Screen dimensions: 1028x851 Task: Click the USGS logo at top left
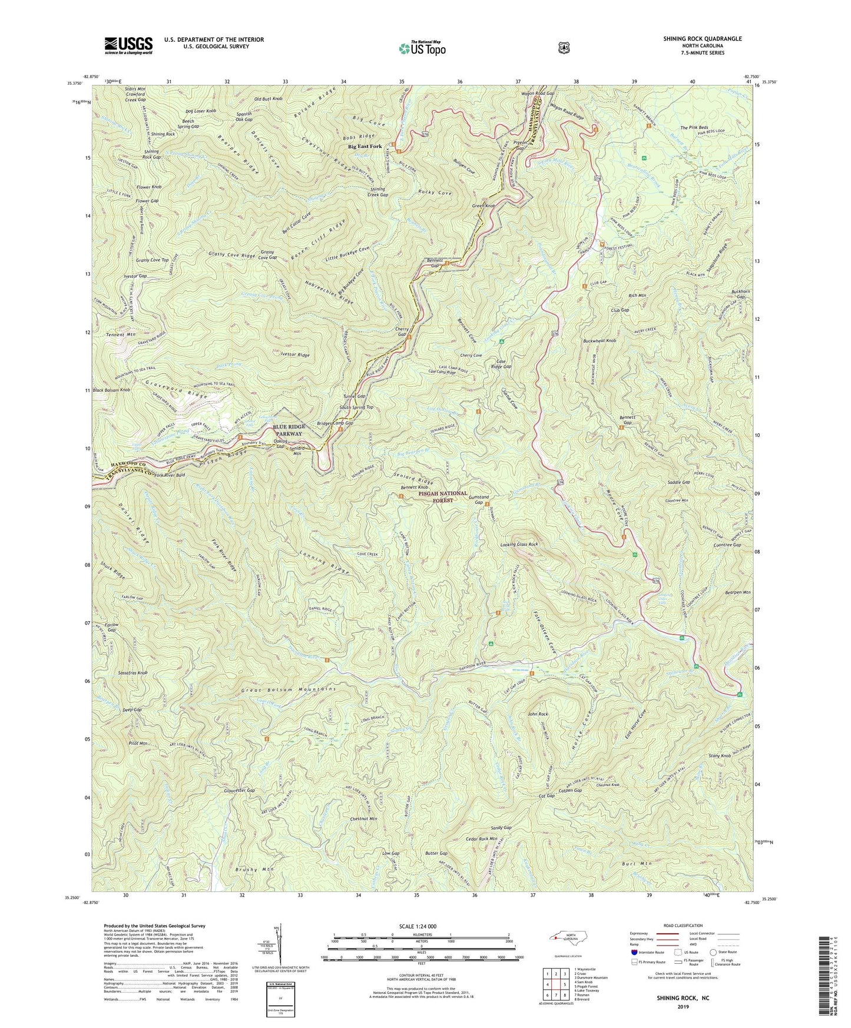pyautogui.click(x=128, y=45)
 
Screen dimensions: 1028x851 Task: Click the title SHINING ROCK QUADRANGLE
pyautogui.click(x=698, y=39)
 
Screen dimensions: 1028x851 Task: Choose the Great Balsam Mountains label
pyautogui.click(x=289, y=689)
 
